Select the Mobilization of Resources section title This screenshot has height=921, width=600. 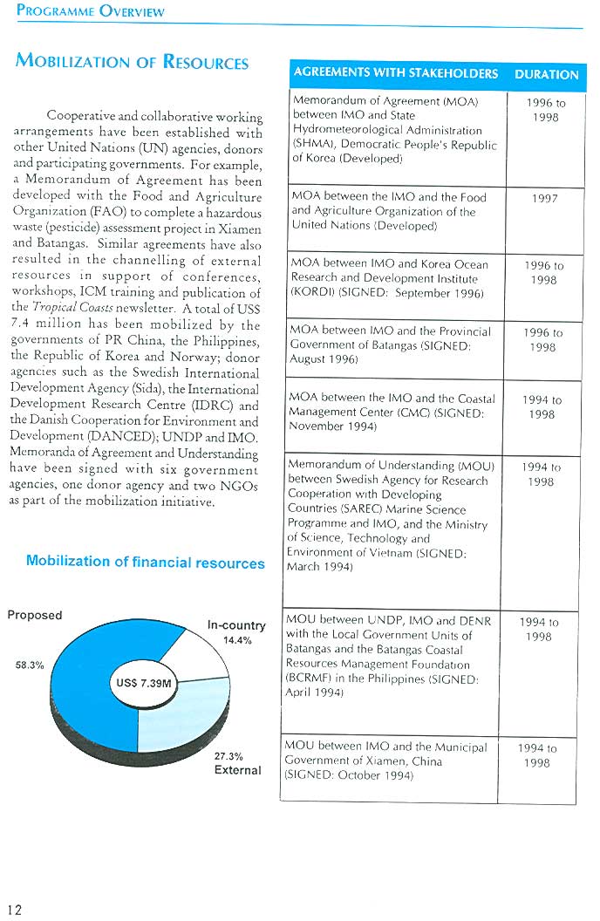132,62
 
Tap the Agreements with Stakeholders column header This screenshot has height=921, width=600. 395,73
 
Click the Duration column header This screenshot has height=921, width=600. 546,74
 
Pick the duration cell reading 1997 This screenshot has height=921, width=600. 544,199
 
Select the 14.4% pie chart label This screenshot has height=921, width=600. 237,640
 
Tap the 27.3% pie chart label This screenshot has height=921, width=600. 228,756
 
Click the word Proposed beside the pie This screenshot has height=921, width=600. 35,615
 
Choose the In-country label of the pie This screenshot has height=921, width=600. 235,625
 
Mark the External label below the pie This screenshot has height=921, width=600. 237,770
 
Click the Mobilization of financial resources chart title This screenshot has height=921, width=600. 145,563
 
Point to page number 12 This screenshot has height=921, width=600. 15,909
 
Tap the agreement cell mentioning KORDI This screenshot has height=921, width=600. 392,279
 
